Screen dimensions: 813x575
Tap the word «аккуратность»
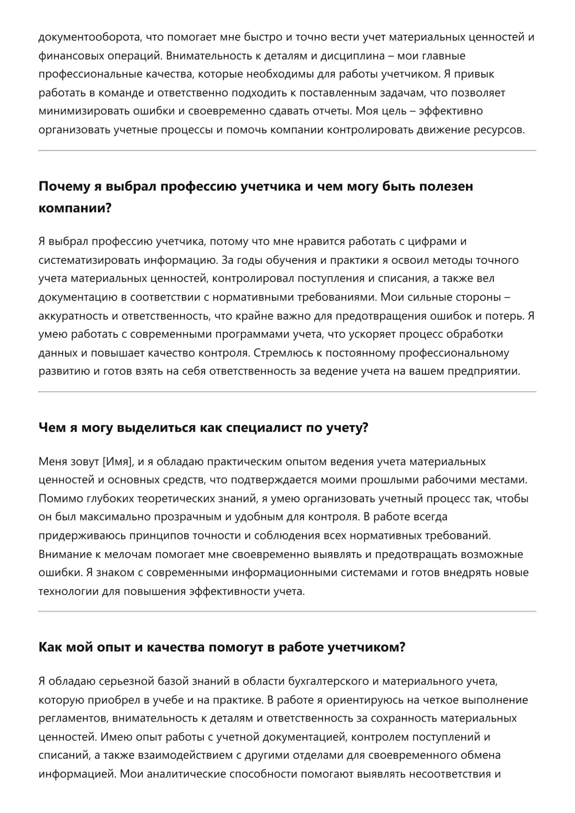click(x=74, y=316)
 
